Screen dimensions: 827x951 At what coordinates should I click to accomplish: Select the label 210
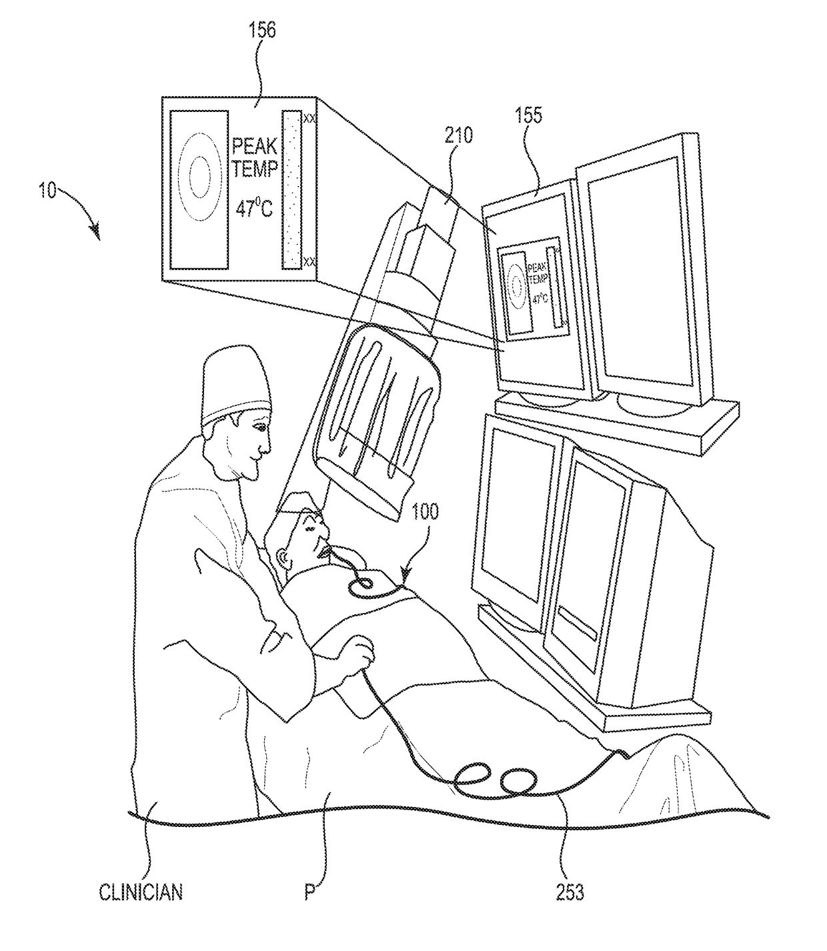[x=459, y=135]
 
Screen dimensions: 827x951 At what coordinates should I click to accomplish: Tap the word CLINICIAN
[x=141, y=892]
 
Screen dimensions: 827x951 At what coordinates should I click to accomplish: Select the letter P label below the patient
[x=309, y=892]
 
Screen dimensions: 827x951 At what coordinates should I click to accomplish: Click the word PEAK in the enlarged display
[x=254, y=145]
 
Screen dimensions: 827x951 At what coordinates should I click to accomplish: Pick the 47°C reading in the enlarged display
[x=253, y=209]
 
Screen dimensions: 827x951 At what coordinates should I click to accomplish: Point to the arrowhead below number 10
[x=97, y=233]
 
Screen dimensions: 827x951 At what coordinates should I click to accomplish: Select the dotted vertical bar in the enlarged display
[x=292, y=189]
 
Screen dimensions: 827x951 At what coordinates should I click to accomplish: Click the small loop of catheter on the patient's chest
[x=362, y=584]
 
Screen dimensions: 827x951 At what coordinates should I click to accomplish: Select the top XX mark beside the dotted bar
[x=309, y=118]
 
